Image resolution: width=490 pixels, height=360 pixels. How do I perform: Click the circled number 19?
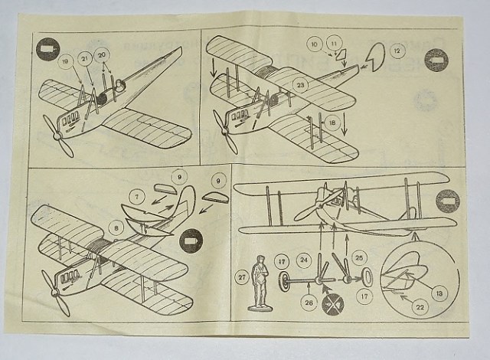click(x=67, y=61)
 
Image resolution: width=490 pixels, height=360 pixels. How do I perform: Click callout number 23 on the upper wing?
click(x=301, y=84)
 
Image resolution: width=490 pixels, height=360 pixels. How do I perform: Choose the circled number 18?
click(x=331, y=123)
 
